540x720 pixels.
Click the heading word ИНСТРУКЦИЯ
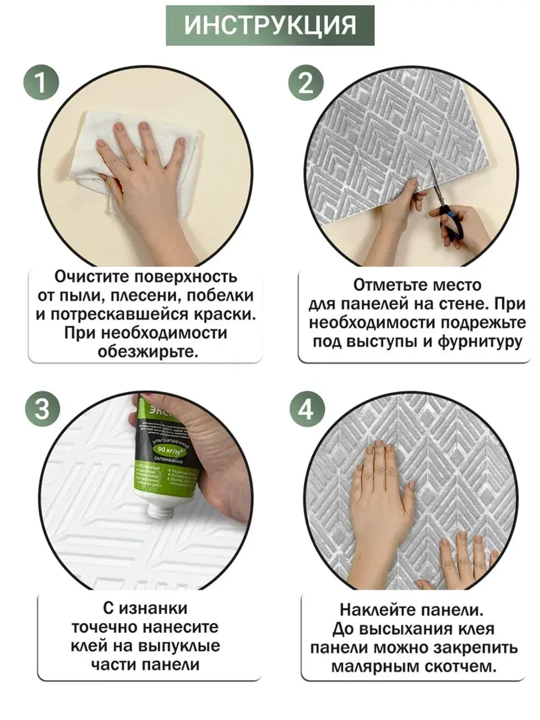[270, 25]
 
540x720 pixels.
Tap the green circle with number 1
[40, 83]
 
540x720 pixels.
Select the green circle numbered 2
[305, 83]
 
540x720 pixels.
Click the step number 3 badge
[42, 408]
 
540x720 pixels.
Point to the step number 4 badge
[306, 408]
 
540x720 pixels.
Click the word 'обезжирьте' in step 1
[147, 352]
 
